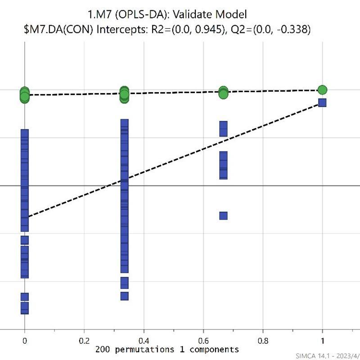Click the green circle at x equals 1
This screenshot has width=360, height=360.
click(x=322, y=90)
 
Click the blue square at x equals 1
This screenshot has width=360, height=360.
click(x=322, y=103)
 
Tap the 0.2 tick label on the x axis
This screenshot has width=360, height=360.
click(x=84, y=341)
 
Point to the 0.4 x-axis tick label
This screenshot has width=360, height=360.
click(x=144, y=341)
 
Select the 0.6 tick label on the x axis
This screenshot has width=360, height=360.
click(x=203, y=341)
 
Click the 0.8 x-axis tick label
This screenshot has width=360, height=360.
click(x=263, y=341)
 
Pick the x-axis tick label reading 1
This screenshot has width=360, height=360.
click(x=322, y=341)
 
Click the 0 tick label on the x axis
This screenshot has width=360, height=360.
click(x=24, y=341)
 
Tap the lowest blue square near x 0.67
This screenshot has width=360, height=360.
click(x=223, y=216)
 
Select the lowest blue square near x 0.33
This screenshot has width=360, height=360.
click(x=124, y=296)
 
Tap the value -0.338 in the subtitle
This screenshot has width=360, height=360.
click(x=290, y=30)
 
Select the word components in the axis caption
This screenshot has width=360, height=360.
click(x=216, y=349)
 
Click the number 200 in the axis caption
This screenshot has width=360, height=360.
click(x=102, y=349)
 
